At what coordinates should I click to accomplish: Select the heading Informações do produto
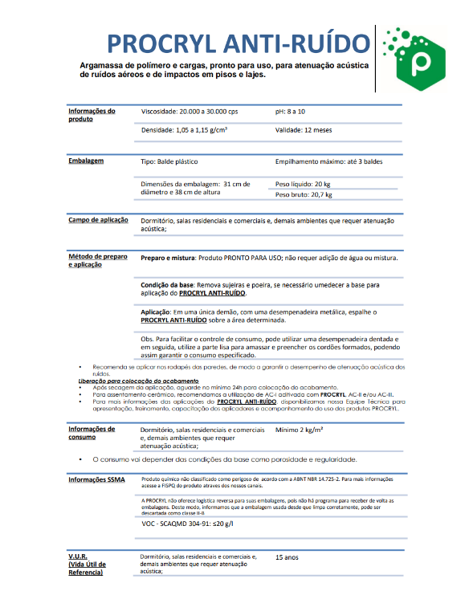coord(92,115)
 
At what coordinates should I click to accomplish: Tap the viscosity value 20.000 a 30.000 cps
coord(190,111)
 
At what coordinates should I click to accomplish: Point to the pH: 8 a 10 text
coord(291,111)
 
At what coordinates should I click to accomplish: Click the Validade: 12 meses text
coord(304,128)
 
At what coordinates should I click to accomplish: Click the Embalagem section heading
coord(86,161)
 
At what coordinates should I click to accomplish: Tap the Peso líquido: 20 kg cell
coord(303,184)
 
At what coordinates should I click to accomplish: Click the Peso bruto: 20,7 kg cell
coord(304,194)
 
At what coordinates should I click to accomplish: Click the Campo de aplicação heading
coord(98,219)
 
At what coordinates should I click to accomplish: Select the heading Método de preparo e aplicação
coord(97,260)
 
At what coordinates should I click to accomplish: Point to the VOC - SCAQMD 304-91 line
coord(186,523)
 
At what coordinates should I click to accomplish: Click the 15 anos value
coord(287,556)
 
